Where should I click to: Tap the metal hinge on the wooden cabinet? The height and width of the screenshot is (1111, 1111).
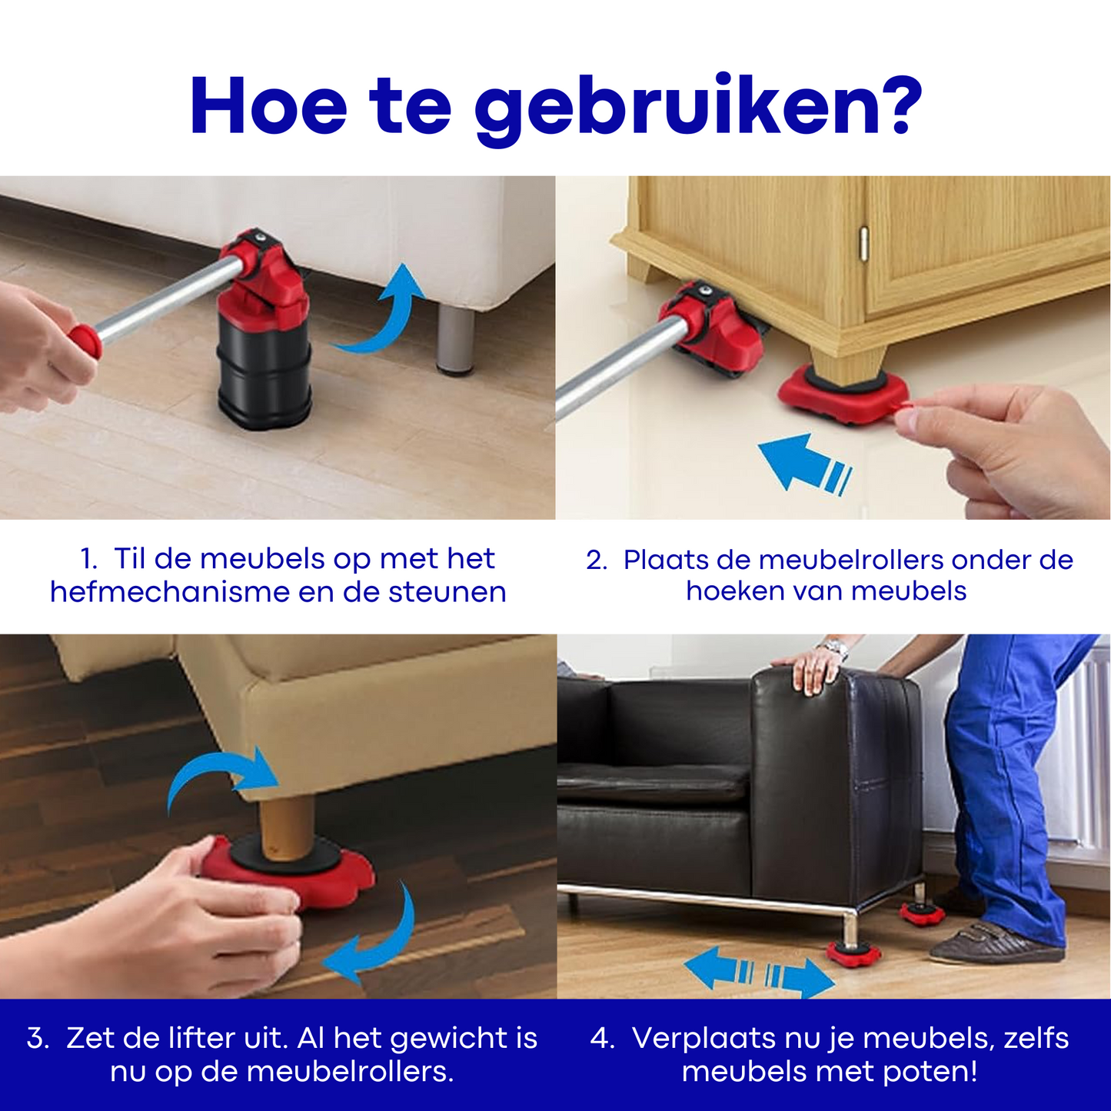863,242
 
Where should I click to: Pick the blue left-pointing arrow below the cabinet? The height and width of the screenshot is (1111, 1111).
804,464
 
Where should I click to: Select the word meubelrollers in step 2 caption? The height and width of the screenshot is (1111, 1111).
851,560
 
